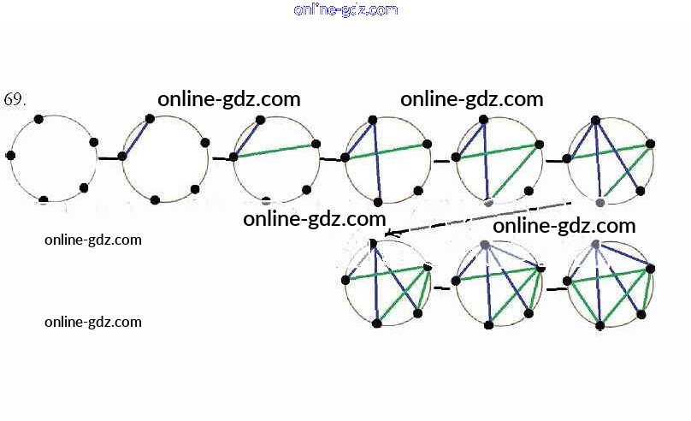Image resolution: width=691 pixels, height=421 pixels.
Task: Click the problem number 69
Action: click(15, 100)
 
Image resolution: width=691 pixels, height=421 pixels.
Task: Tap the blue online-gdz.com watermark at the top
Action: click(345, 9)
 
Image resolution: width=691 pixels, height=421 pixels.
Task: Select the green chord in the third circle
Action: click(275, 151)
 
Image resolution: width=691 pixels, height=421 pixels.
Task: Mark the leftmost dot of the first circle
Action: click(10, 156)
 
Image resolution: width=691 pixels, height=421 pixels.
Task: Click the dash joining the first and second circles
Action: click(109, 158)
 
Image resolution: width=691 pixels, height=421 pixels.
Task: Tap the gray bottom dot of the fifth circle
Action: click(488, 203)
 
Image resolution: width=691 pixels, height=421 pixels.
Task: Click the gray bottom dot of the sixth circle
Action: click(600, 202)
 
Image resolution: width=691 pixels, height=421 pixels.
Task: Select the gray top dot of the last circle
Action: click(595, 245)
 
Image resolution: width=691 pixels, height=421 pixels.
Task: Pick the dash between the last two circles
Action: click(556, 289)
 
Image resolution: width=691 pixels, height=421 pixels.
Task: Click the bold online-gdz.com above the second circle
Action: click(229, 98)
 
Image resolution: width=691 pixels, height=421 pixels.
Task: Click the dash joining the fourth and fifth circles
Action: click(441, 160)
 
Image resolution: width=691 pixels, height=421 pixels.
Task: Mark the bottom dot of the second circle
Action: click(155, 200)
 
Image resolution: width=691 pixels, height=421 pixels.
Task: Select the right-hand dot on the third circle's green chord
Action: click(316, 144)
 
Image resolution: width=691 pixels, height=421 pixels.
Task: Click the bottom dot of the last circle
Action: click(600, 325)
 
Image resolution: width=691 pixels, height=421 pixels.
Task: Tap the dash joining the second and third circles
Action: click(221, 158)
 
